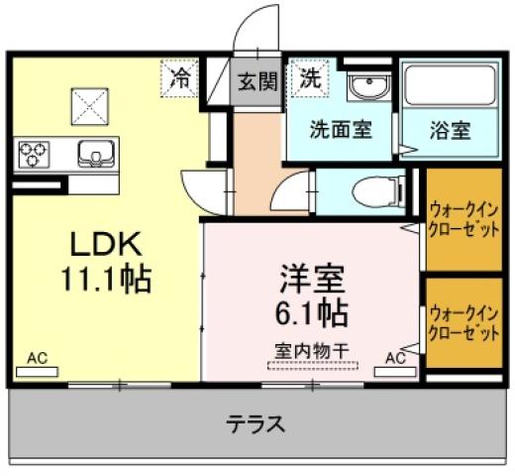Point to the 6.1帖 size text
point(310,313)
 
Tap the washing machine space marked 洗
point(310,78)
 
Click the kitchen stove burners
point(34,155)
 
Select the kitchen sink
point(95,154)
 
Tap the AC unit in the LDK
point(37,369)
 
